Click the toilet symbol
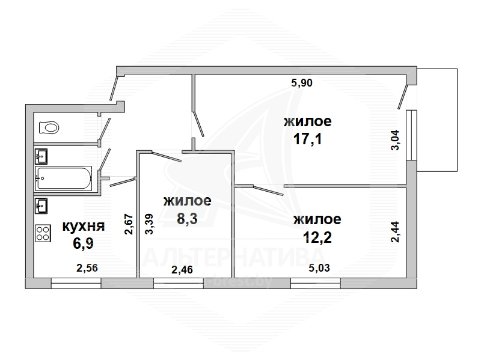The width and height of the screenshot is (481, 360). pyautogui.click(x=49, y=127)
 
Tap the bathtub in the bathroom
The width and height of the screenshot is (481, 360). pyautogui.click(x=63, y=178)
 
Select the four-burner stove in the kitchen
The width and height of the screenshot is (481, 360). pyautogui.click(x=43, y=233)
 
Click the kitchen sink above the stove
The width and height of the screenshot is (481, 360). pyautogui.click(x=41, y=206)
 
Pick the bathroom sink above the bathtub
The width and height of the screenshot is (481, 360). pyautogui.click(x=41, y=156)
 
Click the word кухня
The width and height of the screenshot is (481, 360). pyautogui.click(x=84, y=227)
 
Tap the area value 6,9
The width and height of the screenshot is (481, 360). pyautogui.click(x=83, y=243)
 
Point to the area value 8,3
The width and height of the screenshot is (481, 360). pyautogui.click(x=187, y=219)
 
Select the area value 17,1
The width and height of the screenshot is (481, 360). pyautogui.click(x=308, y=139)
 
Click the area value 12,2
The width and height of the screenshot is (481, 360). pyautogui.click(x=317, y=237)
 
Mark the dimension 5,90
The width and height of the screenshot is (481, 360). pyautogui.click(x=302, y=83)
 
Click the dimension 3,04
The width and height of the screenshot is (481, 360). pyautogui.click(x=395, y=140)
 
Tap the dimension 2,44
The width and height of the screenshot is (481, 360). pyautogui.click(x=395, y=232)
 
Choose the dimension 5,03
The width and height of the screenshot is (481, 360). pyautogui.click(x=319, y=268)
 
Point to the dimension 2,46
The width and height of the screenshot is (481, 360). pyautogui.click(x=182, y=269)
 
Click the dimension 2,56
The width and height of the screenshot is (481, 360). pyautogui.click(x=87, y=268)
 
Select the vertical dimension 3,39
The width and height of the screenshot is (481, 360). pyautogui.click(x=149, y=224)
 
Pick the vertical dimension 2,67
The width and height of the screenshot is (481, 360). pyautogui.click(x=129, y=224)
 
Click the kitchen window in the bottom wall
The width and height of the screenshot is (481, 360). pyautogui.click(x=76, y=283)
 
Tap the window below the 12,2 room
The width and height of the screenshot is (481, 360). pyautogui.click(x=316, y=283)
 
